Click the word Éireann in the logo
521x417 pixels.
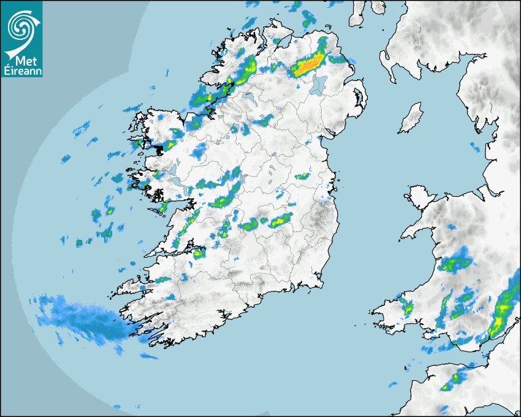[21, 71]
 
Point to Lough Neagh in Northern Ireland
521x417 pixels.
[318, 84]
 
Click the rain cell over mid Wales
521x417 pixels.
[456, 262]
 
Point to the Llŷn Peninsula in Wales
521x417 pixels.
[417, 230]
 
